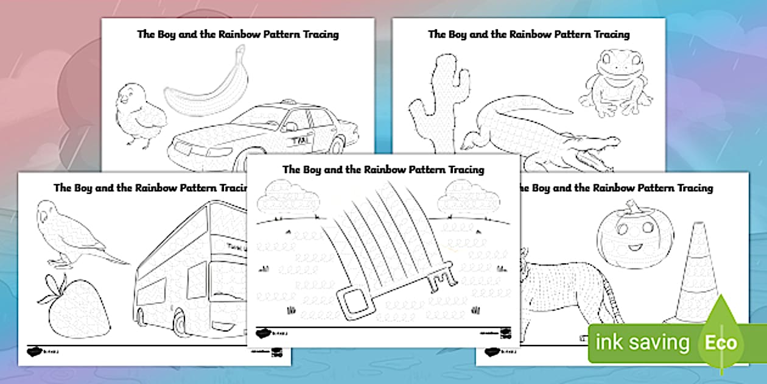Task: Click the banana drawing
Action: point(204,88)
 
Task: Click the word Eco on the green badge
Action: point(721,343)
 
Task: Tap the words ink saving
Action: point(642,343)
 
